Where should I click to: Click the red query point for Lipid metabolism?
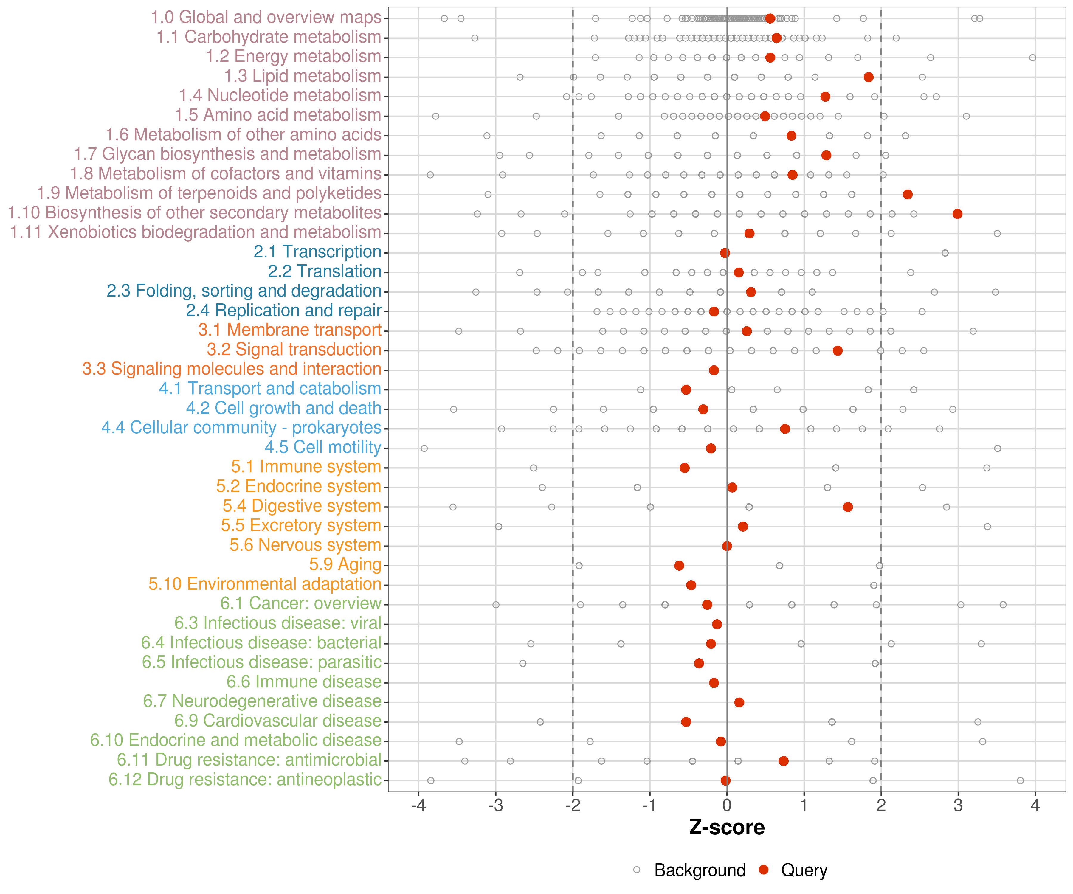868,77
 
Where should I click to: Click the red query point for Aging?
679,566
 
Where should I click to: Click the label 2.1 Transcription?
317,252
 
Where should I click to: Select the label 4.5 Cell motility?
323,448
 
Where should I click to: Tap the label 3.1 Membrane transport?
290,330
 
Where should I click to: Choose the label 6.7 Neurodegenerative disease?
262,701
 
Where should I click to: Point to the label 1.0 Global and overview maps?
266,17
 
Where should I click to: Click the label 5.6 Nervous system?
305,545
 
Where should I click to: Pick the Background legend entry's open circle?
637,870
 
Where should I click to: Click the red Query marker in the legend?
764,870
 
